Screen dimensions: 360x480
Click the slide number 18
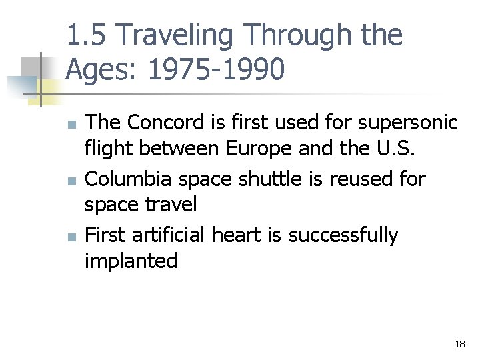[x=459, y=344]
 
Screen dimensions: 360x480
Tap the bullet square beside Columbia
[x=71, y=181]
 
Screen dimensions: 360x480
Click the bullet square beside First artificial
[x=71, y=237]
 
